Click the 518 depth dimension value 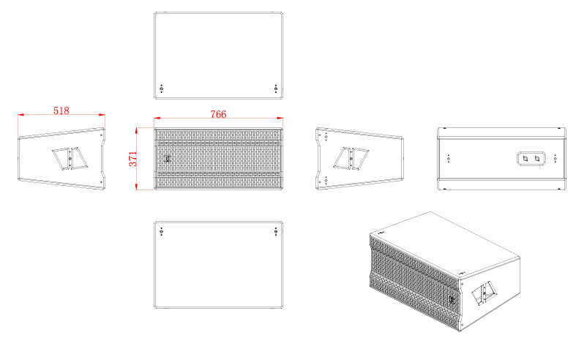coord(61,110)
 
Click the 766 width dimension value coord(218,114)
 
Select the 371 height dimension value coord(132,159)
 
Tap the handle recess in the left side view coord(70,159)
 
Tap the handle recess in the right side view coord(351,159)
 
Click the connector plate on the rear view coord(531,159)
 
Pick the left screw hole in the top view coord(161,89)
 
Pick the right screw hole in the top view coord(276,89)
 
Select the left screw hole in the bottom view coord(161,231)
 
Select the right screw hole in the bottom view coord(276,231)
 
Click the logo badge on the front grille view coord(168,159)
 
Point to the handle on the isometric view coord(485,293)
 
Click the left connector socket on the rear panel coord(525,159)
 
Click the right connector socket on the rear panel coord(537,159)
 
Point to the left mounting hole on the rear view coord(448,159)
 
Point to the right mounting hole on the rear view coord(555,159)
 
